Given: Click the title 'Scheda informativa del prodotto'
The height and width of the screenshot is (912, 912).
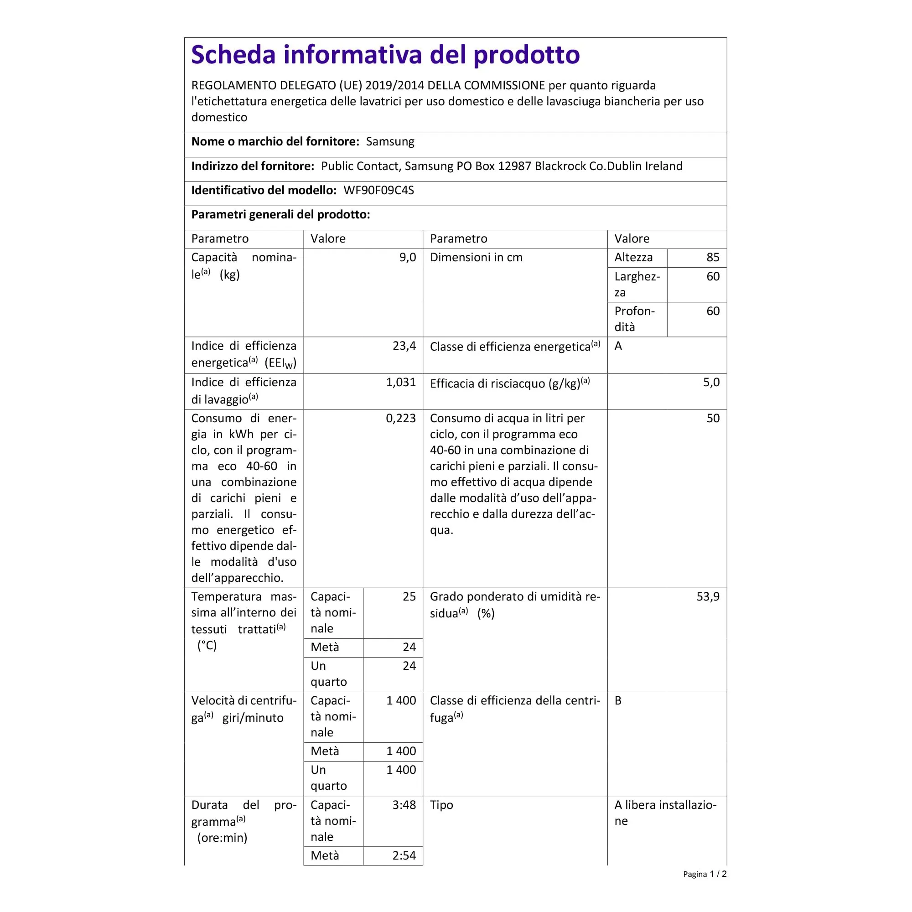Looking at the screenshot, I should [x=385, y=55].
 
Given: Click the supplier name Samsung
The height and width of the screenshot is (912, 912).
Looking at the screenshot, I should [x=390, y=142].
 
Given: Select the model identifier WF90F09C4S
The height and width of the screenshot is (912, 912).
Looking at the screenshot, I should [x=378, y=190].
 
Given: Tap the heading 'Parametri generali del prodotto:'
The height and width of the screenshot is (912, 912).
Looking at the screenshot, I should [x=280, y=215].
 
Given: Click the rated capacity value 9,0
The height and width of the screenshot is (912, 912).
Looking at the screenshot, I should [x=407, y=257].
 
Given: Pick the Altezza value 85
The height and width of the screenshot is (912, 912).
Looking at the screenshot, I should [x=712, y=257].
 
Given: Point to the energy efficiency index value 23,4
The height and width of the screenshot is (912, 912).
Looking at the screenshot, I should [x=404, y=346].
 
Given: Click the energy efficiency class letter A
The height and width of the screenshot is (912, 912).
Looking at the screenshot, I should [x=618, y=346].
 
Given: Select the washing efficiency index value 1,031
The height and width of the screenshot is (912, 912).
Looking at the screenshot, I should [x=401, y=383].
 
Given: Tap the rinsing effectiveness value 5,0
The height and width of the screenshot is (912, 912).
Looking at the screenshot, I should [x=711, y=383].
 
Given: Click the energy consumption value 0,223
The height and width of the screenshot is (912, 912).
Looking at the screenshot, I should [x=401, y=418].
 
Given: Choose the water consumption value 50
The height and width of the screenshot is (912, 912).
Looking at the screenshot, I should [x=712, y=418].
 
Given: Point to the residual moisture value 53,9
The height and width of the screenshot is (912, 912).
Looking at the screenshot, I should [x=708, y=596].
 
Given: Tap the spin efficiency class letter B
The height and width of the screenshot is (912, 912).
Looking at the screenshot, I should [x=618, y=700].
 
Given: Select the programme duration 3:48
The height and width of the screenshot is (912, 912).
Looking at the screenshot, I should [x=404, y=805].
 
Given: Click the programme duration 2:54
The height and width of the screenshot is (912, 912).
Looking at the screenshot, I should [x=404, y=855].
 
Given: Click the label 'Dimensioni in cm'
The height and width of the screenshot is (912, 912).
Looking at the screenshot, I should [x=476, y=257].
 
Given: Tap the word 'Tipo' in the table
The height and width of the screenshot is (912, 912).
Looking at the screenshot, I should [x=441, y=805].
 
